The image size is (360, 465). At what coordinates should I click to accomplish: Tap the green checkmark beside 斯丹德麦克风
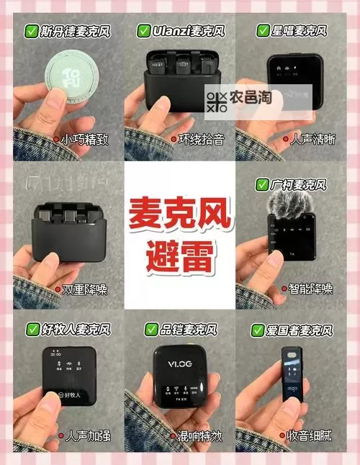pyautogui.click(x=32, y=32)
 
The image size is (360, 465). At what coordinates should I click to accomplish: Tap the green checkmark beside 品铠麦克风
pyautogui.click(x=151, y=330)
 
